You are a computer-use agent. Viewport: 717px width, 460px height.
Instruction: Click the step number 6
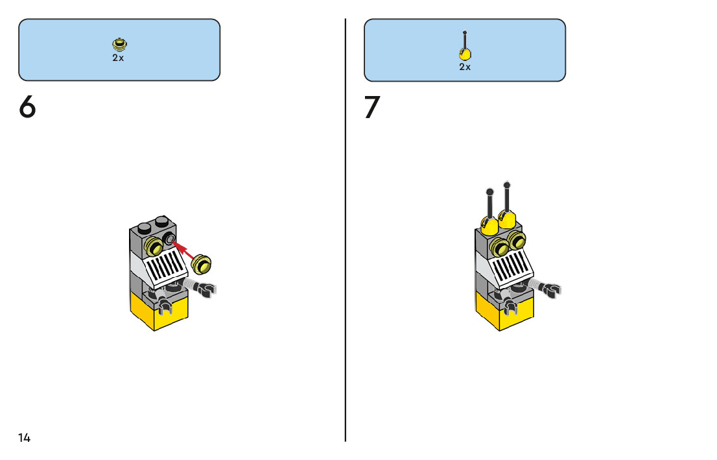[x=27, y=108]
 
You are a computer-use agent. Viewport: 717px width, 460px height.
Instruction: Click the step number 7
[x=371, y=108]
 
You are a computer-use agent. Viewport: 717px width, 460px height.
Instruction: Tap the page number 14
[x=24, y=438]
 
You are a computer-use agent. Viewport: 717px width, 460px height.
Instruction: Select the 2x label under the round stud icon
[x=118, y=58]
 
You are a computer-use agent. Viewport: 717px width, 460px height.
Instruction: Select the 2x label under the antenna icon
[x=465, y=67]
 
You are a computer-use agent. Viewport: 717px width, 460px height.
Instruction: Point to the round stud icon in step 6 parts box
[x=119, y=45]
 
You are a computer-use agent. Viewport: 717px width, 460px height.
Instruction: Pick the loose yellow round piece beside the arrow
[x=203, y=265]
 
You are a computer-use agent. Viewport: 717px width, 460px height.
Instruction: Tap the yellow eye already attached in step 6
[x=154, y=247]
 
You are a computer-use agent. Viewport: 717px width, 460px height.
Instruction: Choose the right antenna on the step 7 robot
[x=506, y=202]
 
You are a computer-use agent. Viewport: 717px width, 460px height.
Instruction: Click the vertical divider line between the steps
[x=346, y=260]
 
